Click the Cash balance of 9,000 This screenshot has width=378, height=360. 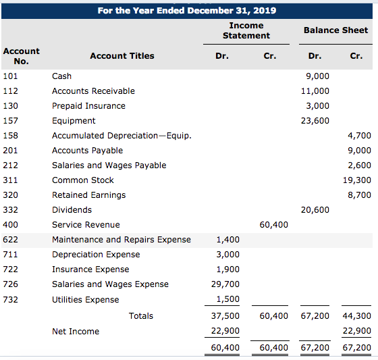[x=317, y=76]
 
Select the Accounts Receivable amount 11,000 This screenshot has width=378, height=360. [x=315, y=91]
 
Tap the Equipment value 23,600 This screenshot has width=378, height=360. [x=315, y=121]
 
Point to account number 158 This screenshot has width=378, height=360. [x=10, y=136]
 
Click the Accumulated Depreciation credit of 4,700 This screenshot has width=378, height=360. [x=359, y=136]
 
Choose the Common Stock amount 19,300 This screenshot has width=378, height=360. [x=357, y=180]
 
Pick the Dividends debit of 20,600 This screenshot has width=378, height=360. [x=315, y=210]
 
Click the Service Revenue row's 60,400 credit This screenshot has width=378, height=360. [x=273, y=225]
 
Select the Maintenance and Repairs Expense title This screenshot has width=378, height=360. [x=122, y=240]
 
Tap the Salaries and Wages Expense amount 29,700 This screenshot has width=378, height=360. [x=225, y=284]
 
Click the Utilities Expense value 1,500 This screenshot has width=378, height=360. [x=228, y=299]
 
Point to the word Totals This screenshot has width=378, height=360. [x=141, y=316]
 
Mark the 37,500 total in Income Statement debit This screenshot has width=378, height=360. [x=225, y=316]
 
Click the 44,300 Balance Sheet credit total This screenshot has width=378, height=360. [x=357, y=316]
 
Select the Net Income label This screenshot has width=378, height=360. [x=76, y=332]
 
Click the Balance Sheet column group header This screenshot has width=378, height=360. [x=335, y=30]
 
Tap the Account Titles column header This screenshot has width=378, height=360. [x=122, y=56]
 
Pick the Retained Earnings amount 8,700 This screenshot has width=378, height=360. [x=359, y=195]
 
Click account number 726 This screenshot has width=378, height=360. [x=10, y=284]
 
